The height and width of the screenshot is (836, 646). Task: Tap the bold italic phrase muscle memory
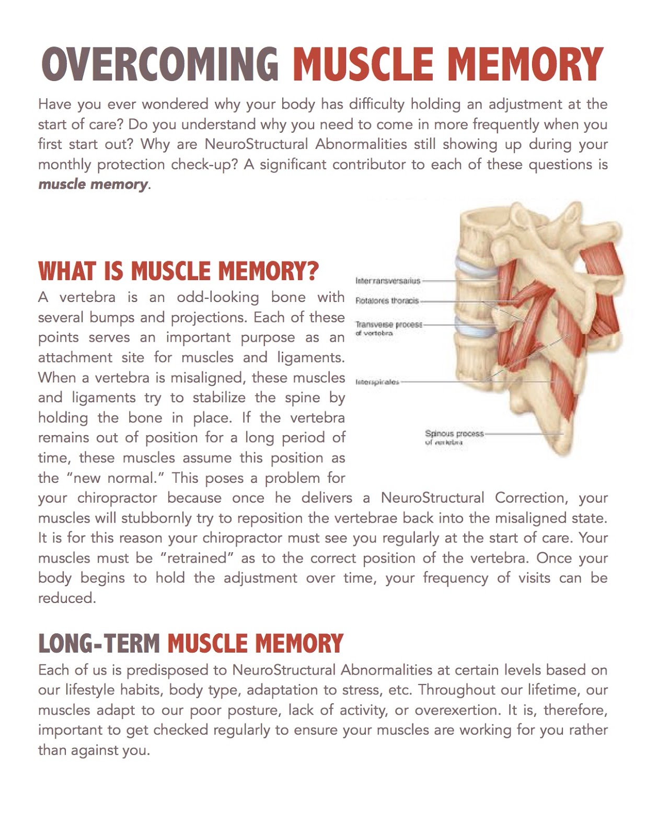coord(93,184)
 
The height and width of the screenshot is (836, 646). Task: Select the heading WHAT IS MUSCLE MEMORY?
coord(178,271)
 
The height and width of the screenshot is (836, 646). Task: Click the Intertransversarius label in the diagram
coord(387,281)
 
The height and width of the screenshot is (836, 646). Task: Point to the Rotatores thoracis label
coord(387,301)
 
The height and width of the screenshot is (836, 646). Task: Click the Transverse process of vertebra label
coord(388,328)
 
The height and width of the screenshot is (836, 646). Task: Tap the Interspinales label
coord(377,382)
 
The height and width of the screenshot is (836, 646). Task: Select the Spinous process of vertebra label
coord(454,437)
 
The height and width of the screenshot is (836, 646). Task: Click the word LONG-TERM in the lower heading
coord(99,644)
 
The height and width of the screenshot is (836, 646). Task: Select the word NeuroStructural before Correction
coord(432,498)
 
